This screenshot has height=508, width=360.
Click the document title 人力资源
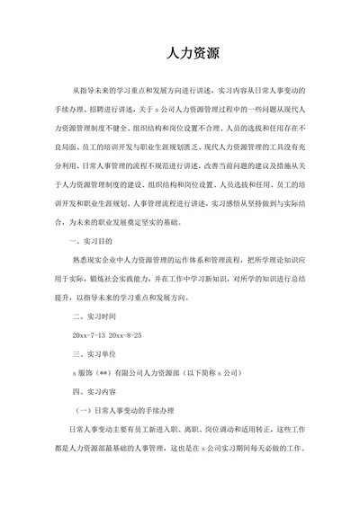(x=180, y=54)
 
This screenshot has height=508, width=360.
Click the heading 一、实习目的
(x=93, y=242)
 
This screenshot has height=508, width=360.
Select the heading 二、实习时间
(x=93, y=316)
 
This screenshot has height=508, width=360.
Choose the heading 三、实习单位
(x=93, y=354)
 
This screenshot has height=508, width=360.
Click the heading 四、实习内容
(x=93, y=392)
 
